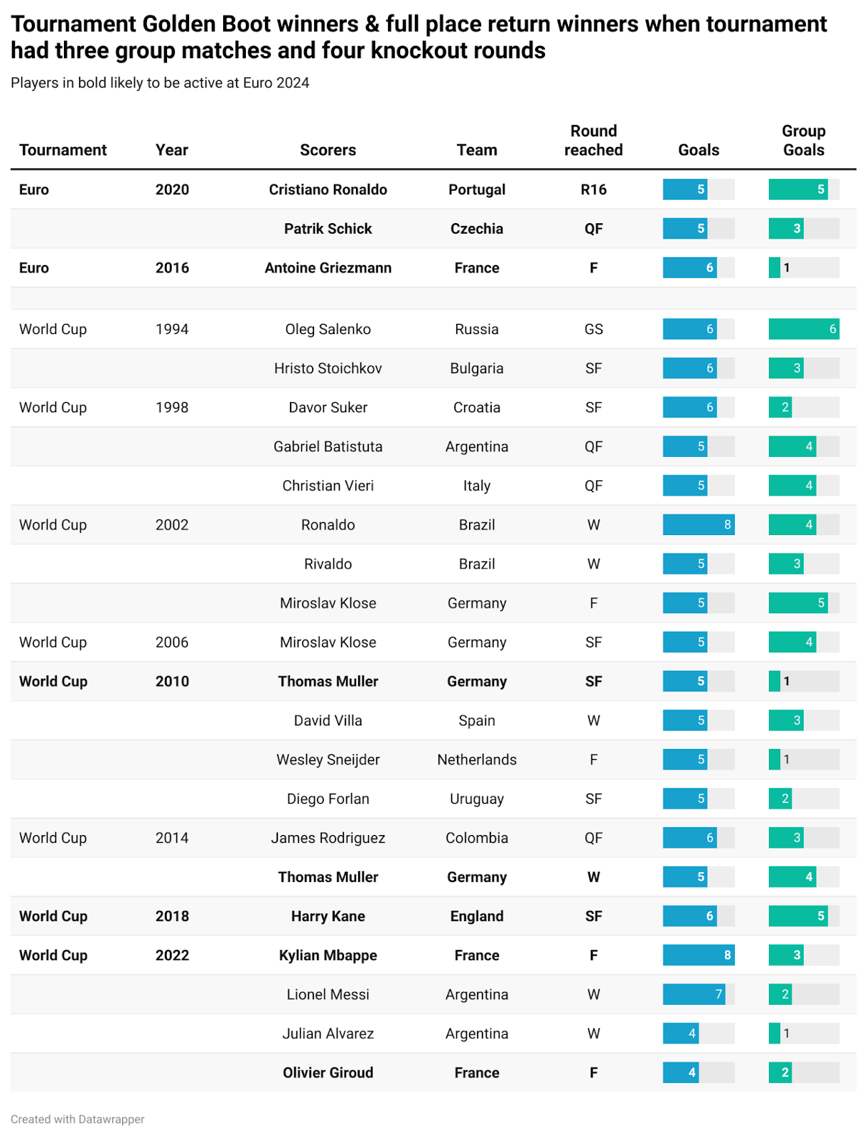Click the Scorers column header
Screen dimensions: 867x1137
click(328, 150)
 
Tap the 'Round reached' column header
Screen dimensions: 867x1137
click(593, 141)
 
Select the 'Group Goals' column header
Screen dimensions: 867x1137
click(804, 141)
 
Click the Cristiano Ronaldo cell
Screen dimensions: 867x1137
click(328, 190)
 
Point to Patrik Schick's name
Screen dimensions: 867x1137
click(328, 228)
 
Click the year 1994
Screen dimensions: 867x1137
click(172, 329)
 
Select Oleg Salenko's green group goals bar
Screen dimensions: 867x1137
click(804, 329)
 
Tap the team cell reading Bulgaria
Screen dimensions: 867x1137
click(476, 368)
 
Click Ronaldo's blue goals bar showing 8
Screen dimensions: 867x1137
click(698, 524)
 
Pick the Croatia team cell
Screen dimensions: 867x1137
click(476, 407)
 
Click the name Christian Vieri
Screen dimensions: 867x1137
click(328, 485)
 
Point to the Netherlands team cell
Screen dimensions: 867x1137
click(476, 760)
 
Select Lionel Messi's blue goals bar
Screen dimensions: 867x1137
click(694, 994)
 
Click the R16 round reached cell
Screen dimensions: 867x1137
click(593, 190)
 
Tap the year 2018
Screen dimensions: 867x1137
click(172, 916)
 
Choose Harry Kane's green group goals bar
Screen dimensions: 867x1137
click(798, 916)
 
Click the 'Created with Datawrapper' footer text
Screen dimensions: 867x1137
click(77, 1119)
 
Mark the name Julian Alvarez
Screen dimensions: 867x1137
click(328, 1033)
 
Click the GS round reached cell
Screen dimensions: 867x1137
click(593, 329)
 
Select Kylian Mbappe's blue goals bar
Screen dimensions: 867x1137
click(698, 955)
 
